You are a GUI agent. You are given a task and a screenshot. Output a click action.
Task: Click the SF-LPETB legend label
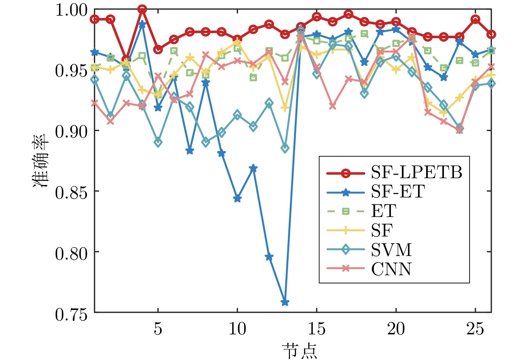coord(417,172)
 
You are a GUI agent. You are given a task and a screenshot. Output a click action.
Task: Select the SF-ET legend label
coord(398,192)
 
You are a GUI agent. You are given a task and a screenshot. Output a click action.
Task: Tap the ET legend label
coord(384,211)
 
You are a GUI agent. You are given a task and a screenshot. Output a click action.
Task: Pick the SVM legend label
coord(391,250)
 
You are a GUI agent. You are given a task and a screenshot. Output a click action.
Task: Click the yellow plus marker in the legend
coord(345,230)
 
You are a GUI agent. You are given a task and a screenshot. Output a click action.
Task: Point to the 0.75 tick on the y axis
coord(71,315)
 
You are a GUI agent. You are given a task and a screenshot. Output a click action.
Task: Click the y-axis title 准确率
coord(41,161)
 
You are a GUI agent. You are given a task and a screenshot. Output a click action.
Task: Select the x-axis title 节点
coord(299,351)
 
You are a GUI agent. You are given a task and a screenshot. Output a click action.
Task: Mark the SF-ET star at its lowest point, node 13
coord(285,302)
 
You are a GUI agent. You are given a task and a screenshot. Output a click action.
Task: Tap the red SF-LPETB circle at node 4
coord(142,9)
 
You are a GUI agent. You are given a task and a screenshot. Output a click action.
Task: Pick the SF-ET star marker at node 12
coord(269,257)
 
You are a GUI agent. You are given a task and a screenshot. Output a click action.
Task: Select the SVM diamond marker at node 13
coord(285,148)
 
